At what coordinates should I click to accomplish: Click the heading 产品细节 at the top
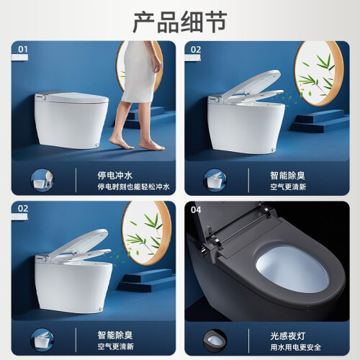[x=180, y=22]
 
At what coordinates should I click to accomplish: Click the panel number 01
[x=23, y=50]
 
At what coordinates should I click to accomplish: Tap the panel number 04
[x=196, y=210]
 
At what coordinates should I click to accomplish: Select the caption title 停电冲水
[x=115, y=176]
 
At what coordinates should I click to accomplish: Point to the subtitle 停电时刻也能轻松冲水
[x=133, y=186]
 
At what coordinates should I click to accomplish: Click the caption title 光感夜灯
[x=288, y=336]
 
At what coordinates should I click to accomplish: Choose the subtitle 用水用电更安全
[x=296, y=347]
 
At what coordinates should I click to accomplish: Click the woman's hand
[x=156, y=66]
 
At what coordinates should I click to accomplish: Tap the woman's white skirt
[x=139, y=72]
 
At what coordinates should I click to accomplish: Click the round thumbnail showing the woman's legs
[x=42, y=180]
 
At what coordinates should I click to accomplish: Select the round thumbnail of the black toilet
[x=215, y=341]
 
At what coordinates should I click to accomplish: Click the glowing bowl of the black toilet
[x=292, y=269]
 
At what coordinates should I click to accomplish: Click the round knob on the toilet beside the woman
[x=43, y=97]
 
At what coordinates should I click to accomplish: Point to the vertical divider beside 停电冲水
[x=76, y=180]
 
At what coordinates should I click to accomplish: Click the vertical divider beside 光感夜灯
[x=248, y=341]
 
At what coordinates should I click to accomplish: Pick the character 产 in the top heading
[x=144, y=22]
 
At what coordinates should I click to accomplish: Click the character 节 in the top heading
[x=216, y=22]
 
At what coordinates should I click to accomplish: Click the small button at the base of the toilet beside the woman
[x=96, y=145]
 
